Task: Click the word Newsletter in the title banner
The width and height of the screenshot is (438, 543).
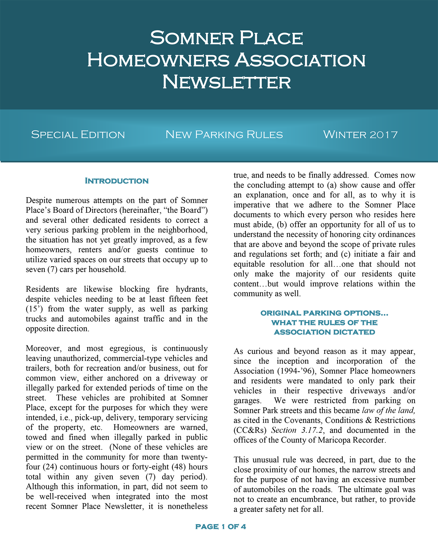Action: coord(226,82)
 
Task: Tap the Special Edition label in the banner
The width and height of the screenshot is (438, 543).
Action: coord(78,135)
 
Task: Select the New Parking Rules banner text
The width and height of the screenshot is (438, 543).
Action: coord(224,135)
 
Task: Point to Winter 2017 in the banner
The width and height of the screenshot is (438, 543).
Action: coord(360,135)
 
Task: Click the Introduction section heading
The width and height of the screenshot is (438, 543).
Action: coord(117,181)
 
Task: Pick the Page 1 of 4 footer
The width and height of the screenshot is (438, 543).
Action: coord(220,527)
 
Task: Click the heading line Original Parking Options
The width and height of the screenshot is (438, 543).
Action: coord(324,313)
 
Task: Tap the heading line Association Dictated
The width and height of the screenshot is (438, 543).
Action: coord(324,332)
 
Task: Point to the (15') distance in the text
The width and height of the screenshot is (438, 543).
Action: coord(34,309)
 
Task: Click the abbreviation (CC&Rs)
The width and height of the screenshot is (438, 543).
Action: coord(250,430)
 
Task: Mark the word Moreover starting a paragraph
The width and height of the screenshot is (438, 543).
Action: coord(43,348)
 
